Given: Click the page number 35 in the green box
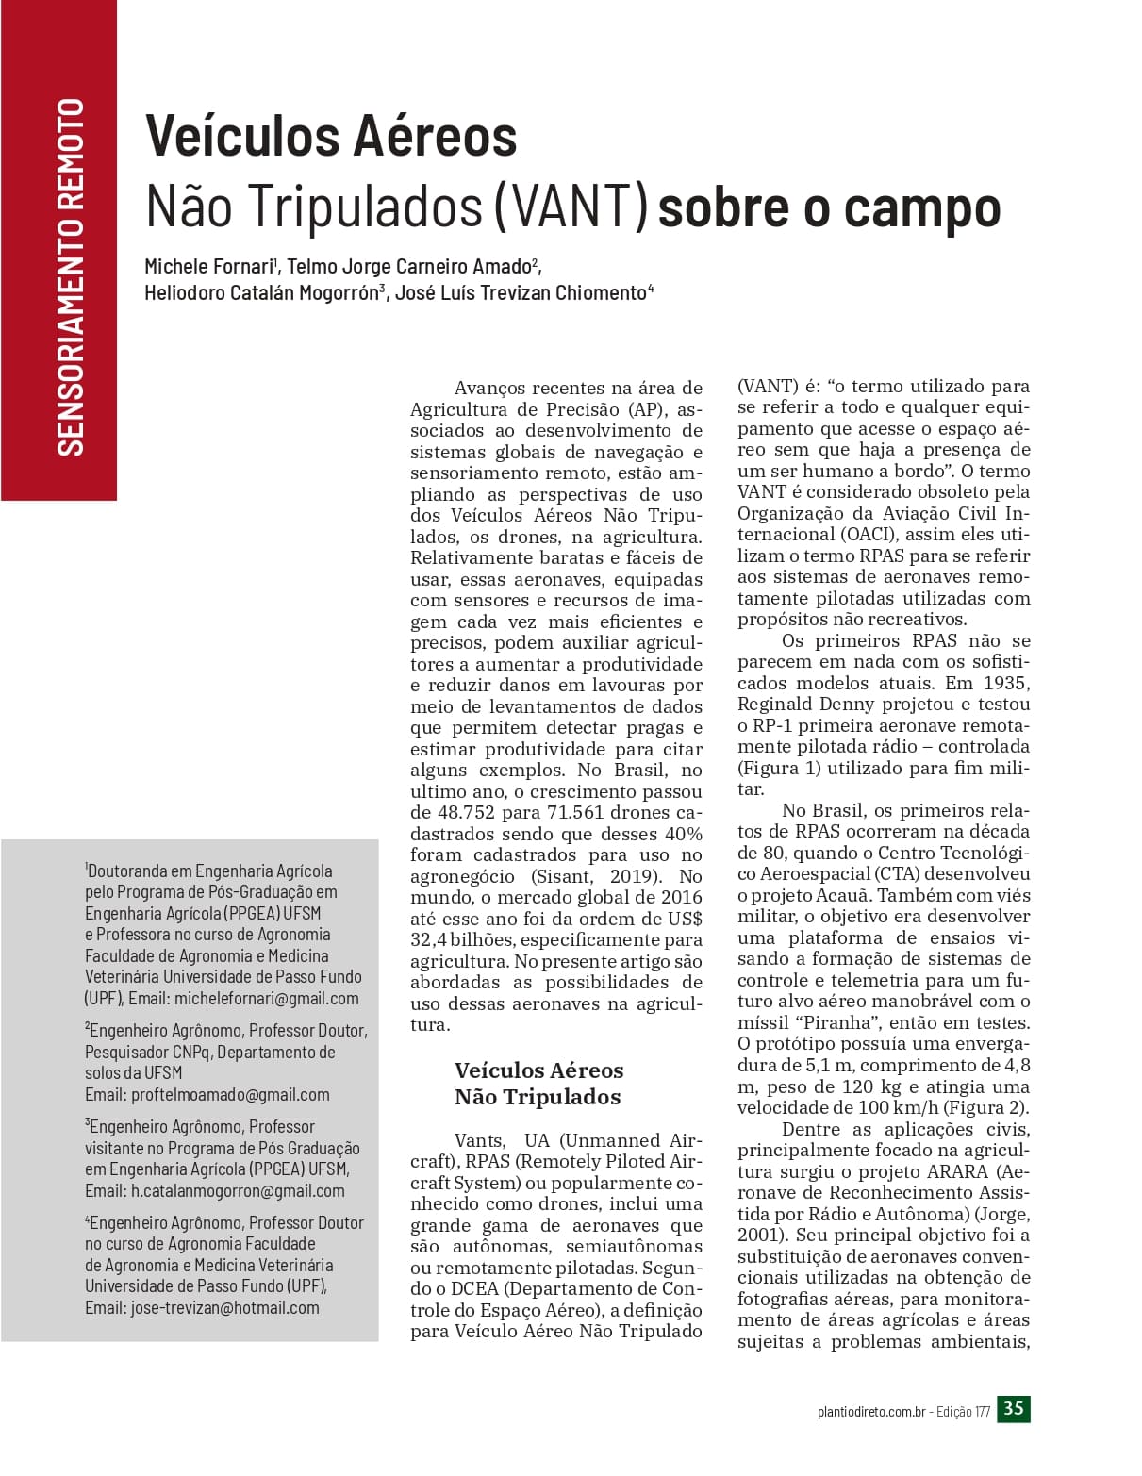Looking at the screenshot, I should (1014, 1409).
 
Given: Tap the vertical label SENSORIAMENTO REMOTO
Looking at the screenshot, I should (71, 276).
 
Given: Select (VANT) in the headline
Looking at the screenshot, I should (571, 207).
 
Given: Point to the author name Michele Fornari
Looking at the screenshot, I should (208, 267).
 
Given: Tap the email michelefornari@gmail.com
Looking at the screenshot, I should (267, 998).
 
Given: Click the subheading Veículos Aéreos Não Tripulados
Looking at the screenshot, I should (538, 1084).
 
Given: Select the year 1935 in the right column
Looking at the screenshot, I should (1006, 683).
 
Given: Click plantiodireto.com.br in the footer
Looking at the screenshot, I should (870, 1412).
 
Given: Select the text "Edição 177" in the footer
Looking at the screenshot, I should (963, 1412).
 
